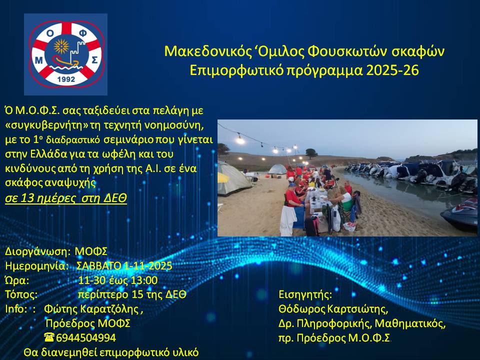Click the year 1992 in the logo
click(66, 79)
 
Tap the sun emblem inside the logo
click(61, 46)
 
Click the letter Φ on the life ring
click(83, 33)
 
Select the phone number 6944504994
click(86, 337)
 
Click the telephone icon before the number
click(49, 337)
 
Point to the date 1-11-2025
click(148, 265)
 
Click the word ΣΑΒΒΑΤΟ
click(99, 265)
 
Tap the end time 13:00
click(144, 280)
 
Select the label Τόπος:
click(21, 294)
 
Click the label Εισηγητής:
click(305, 295)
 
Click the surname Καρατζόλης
click(109, 309)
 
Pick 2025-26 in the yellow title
click(392, 70)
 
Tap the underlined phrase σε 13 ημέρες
click(40, 198)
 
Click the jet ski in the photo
click(460, 214)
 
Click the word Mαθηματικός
click(410, 323)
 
